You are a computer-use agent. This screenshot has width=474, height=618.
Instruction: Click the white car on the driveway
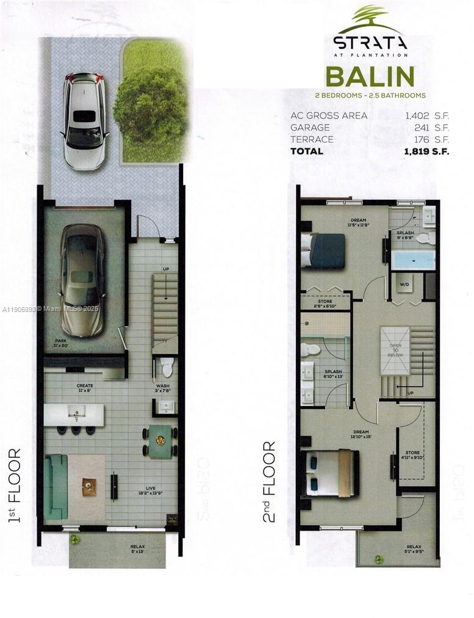[x=85, y=121]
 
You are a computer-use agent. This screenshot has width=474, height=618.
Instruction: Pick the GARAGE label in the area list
[x=310, y=128]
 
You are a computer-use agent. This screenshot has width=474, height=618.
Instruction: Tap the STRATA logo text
[x=370, y=42]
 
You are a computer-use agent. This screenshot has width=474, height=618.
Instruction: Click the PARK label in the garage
[x=61, y=341]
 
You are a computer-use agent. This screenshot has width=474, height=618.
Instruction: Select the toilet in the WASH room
[x=167, y=367]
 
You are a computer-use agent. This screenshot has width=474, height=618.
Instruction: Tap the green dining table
[x=161, y=442]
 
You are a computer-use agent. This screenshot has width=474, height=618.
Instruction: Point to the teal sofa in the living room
[x=55, y=486]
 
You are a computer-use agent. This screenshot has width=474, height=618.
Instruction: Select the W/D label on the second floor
[x=404, y=284]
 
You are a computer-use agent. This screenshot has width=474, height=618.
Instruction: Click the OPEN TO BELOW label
[x=396, y=349]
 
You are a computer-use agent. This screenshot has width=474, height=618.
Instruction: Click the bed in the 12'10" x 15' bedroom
[x=329, y=472]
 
